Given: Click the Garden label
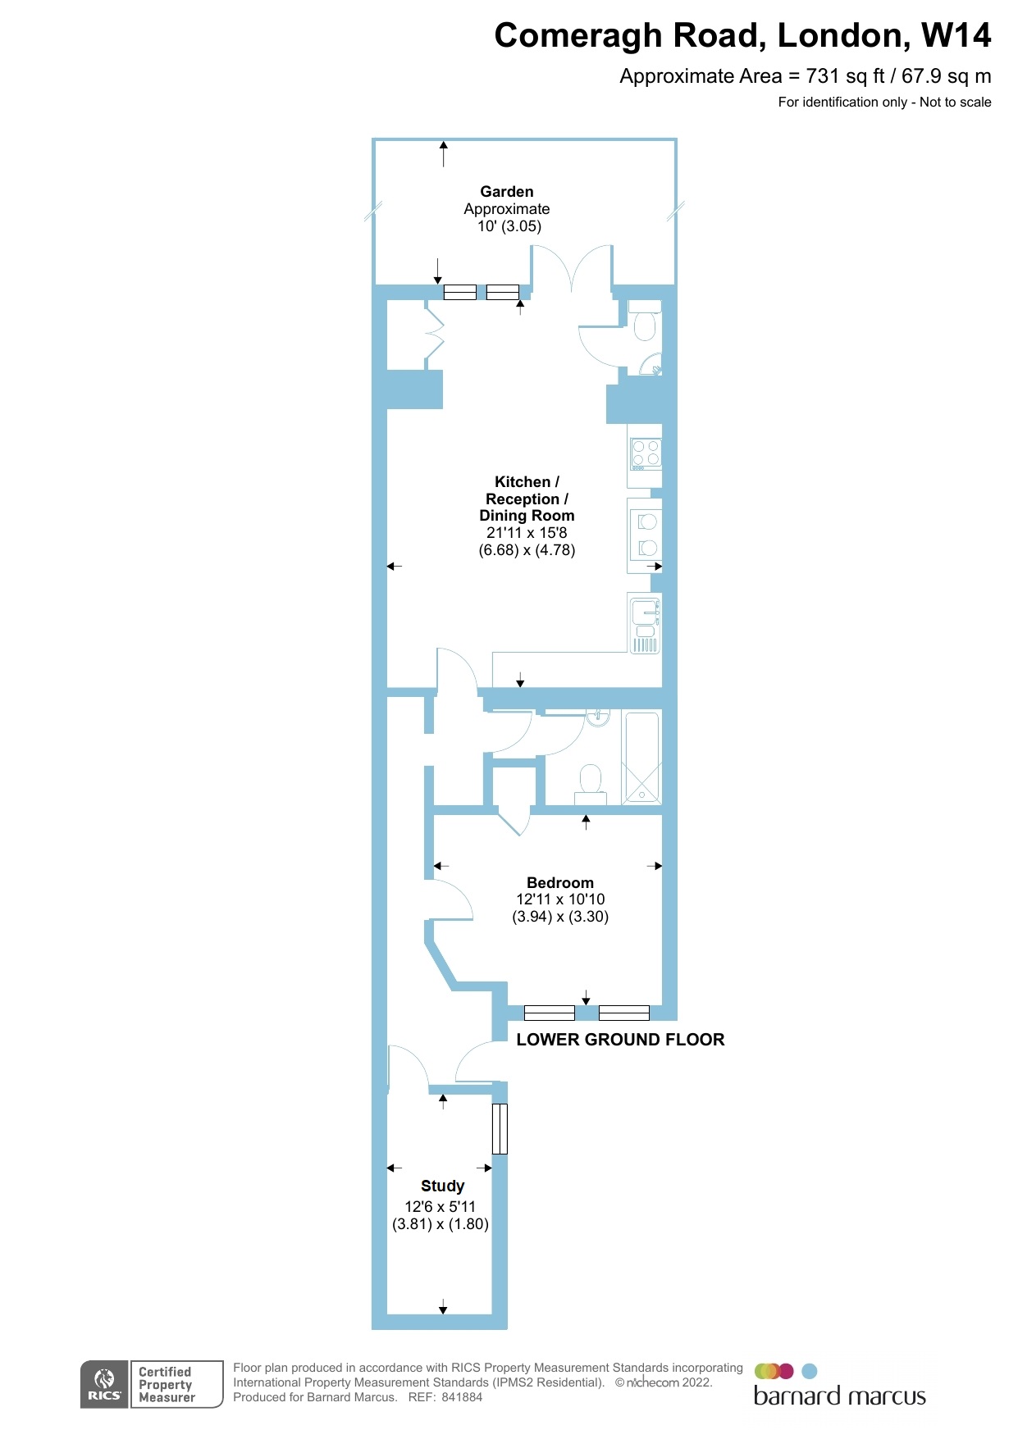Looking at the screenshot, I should point(506,192).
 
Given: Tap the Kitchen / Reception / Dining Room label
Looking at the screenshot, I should point(527,499).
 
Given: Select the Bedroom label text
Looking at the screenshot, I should point(560,883).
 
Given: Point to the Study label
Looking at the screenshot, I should point(442,1186).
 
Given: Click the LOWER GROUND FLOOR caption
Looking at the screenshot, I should point(620,1040).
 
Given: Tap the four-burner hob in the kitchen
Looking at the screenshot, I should point(646,453).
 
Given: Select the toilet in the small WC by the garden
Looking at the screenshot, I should point(645,325).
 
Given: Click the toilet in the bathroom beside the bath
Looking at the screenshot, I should point(591,783).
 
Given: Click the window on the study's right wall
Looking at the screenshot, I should point(500,1129).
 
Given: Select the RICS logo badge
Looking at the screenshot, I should point(104,1384).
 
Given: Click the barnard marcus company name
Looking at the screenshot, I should point(839,1396).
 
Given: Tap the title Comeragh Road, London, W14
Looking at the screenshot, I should point(742,35).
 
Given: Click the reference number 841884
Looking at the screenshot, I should point(462,1397).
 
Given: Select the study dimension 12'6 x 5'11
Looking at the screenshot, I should point(440,1207).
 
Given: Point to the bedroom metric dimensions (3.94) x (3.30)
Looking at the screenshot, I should point(560,917).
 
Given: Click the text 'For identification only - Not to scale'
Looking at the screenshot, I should point(884,102).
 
